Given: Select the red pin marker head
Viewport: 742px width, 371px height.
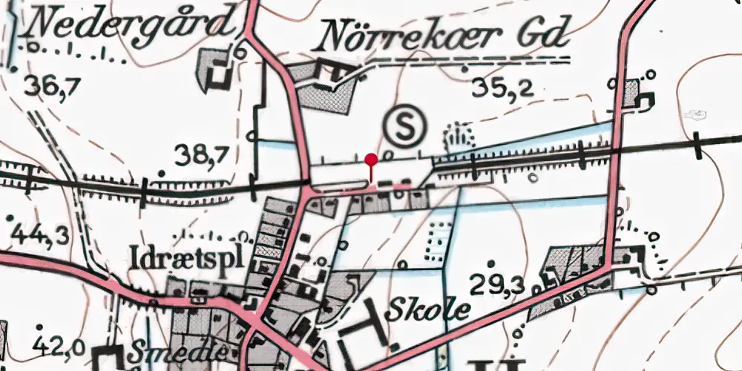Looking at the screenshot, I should (x=372, y=158).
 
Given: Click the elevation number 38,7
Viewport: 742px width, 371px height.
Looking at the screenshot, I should (x=200, y=154).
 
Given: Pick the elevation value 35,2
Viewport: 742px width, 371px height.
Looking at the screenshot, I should (x=503, y=88).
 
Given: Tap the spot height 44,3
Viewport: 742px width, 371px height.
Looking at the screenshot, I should (x=40, y=235).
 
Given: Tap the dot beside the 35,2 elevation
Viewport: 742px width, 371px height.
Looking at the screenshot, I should (x=465, y=69).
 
